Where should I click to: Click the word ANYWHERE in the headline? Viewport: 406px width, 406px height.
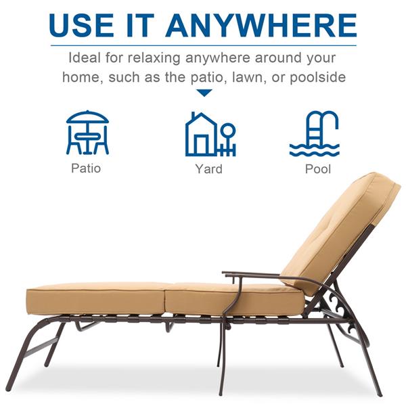click(x=261, y=25)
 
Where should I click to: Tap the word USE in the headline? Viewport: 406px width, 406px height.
click(x=81, y=25)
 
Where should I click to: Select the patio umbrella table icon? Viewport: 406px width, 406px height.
click(x=87, y=133)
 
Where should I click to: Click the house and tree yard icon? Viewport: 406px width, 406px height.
click(x=210, y=134)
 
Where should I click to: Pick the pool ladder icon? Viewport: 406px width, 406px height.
click(x=314, y=134)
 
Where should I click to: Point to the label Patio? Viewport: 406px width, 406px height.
click(x=86, y=168)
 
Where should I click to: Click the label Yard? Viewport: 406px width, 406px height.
click(x=208, y=168)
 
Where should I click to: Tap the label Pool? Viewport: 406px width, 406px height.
click(x=318, y=169)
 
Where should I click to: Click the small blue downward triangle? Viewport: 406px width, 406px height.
click(x=204, y=93)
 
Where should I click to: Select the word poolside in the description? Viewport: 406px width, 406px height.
click(x=318, y=77)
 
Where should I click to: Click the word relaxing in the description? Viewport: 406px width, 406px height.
click(x=154, y=58)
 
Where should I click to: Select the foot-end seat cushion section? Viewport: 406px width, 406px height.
click(x=96, y=298)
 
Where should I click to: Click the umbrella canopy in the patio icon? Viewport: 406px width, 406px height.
click(x=87, y=117)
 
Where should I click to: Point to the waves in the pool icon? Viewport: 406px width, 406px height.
click(x=315, y=150)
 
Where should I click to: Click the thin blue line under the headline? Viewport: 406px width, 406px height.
click(x=204, y=45)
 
